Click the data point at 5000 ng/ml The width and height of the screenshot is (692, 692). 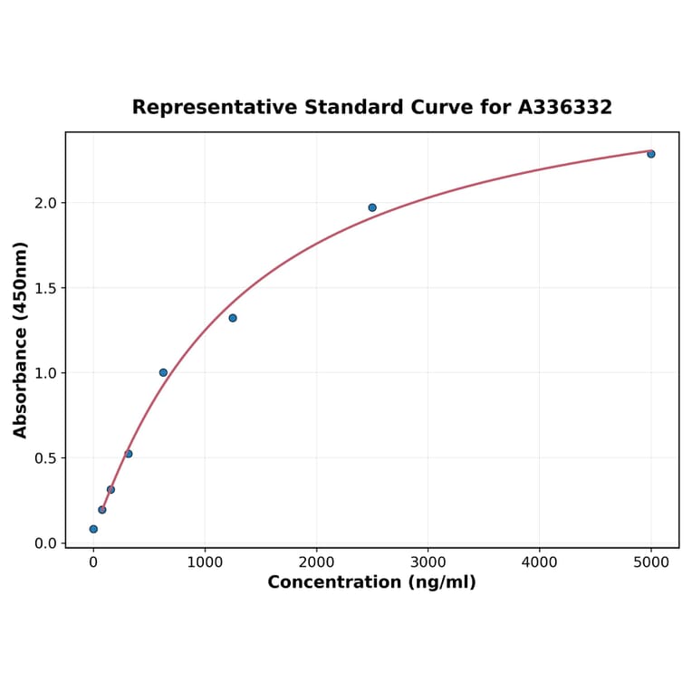650,154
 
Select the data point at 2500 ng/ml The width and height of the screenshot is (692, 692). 372,207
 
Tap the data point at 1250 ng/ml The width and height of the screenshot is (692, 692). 233,318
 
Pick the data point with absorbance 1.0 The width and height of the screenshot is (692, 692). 163,372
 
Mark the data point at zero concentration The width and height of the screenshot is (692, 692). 93,529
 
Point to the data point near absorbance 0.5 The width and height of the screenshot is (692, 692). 129,454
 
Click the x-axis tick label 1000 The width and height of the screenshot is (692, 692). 205,562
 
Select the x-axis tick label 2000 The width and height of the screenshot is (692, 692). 316,562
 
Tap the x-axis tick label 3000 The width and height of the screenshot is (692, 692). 428,562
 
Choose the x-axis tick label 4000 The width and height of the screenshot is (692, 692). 540,562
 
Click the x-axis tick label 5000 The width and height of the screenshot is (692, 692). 651,562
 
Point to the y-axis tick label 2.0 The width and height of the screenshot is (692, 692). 45,203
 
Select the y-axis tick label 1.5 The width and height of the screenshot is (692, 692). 45,288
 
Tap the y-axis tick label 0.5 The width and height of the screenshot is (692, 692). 45,458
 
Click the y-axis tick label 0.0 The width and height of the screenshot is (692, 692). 45,543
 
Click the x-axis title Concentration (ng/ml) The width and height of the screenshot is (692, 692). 371,582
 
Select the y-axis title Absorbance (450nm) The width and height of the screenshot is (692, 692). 21,340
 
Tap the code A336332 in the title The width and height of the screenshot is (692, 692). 564,108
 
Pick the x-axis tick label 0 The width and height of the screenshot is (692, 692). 93,562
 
